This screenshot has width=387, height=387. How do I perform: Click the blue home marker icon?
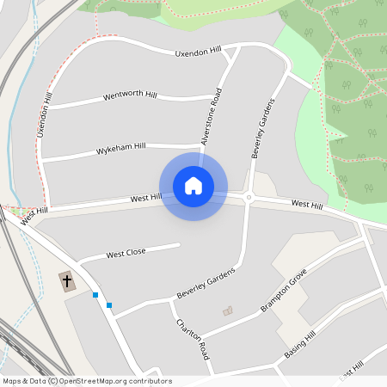coord(193,186)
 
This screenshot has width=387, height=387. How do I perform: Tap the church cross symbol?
coord(67,281)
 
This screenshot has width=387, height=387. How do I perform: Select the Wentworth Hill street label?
coord(130,95)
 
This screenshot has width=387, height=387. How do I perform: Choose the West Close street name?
coord(126,254)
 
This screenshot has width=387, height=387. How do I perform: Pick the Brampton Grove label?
coord(284,295)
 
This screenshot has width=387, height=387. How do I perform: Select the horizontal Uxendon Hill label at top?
coord(198,53)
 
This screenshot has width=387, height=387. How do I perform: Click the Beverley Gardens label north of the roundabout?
coord(262,128)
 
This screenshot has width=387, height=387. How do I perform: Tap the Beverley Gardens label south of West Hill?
coord(206,281)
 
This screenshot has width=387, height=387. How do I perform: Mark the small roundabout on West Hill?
coord(249,197)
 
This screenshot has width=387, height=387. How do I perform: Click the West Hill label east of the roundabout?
coord(306,205)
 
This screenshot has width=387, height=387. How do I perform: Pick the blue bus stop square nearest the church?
coord(95,295)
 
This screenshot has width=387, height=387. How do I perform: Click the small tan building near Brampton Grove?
coord(227,310)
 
